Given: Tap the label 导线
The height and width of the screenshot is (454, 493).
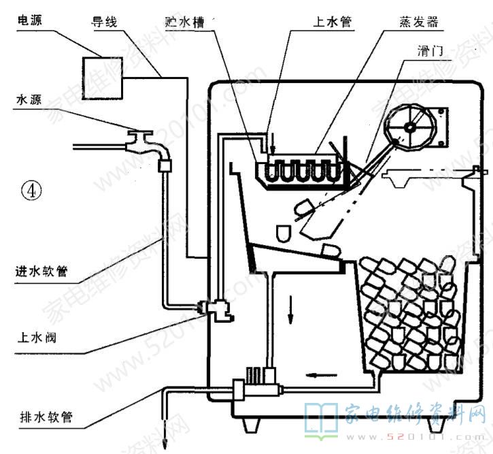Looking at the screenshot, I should pyautogui.click(x=105, y=22).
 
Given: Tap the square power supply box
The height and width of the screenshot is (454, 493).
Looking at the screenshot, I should pyautogui.click(x=102, y=77).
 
